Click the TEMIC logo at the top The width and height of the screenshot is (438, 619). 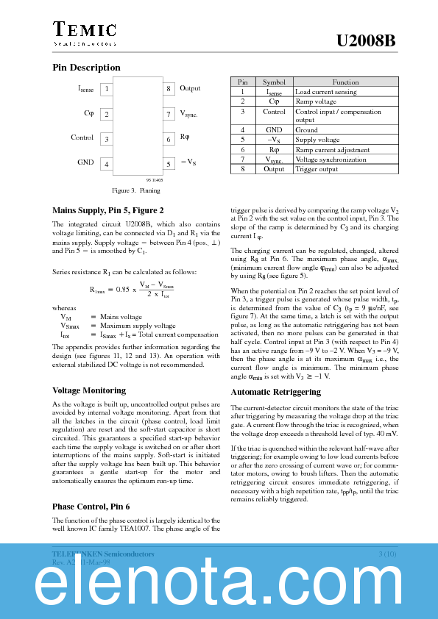point(85,31)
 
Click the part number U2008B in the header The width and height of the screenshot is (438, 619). point(366,42)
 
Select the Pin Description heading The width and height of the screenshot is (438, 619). point(86,68)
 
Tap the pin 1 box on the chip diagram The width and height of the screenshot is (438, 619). point(107,89)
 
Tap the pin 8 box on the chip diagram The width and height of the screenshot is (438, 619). point(169,89)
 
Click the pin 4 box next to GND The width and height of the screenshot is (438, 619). point(107,164)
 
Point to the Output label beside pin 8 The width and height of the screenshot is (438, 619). point(190,88)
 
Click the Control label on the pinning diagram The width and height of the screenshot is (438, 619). point(82,137)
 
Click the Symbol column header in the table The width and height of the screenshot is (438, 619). point(274,82)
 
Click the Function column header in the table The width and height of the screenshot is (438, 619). point(345,82)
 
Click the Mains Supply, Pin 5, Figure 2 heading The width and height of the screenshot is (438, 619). point(107,210)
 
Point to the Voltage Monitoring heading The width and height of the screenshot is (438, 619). point(89,390)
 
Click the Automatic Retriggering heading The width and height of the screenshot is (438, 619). point(275,392)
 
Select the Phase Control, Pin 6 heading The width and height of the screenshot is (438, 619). point(91,507)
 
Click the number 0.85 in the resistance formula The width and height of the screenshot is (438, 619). point(129,290)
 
